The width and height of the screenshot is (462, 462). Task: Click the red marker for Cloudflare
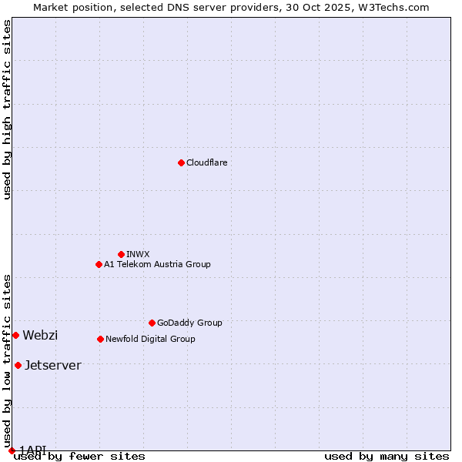[181, 162]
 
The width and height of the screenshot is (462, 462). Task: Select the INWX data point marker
[121, 254]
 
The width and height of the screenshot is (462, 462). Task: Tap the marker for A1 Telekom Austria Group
[99, 264]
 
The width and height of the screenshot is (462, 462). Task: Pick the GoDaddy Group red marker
[152, 323]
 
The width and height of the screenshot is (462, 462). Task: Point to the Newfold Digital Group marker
[100, 339]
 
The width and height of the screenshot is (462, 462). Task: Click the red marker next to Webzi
[15, 335]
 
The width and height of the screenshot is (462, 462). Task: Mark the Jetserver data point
[18, 365]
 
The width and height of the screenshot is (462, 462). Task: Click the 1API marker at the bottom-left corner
[12, 450]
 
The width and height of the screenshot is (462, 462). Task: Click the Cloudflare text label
[206, 162]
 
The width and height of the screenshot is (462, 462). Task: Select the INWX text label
[138, 254]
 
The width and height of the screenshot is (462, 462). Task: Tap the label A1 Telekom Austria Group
[157, 264]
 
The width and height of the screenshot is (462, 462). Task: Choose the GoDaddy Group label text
[189, 323]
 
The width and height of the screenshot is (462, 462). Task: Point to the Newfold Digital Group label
[150, 339]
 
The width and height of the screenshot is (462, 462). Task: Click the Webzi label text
[40, 335]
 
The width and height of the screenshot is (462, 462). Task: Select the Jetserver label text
[52, 365]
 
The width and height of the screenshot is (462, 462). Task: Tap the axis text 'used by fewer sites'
[79, 456]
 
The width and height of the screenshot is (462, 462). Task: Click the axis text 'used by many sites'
[387, 456]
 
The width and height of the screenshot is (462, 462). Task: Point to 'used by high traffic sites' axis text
[7, 109]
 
